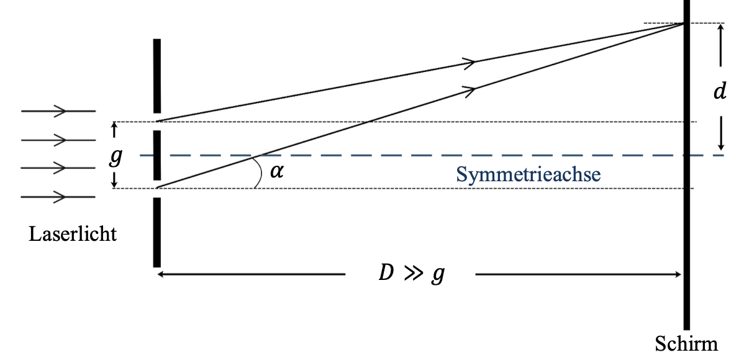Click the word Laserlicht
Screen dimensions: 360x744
[73, 235]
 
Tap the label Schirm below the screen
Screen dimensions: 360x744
[686, 344]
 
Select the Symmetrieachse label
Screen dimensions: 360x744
[529, 174]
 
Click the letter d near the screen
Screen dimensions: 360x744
[720, 92]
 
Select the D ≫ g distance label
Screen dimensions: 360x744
[412, 274]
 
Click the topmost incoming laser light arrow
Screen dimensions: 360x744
[58, 111]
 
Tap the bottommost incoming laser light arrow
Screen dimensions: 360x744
[58, 197]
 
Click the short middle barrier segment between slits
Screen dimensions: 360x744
[157, 155]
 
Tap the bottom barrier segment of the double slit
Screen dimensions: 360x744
[157, 232]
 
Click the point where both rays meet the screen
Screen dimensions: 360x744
[686, 24]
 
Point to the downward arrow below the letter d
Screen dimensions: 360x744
[720, 135]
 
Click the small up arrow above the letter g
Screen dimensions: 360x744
[114, 130]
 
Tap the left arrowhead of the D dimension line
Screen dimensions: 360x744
[161, 274]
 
